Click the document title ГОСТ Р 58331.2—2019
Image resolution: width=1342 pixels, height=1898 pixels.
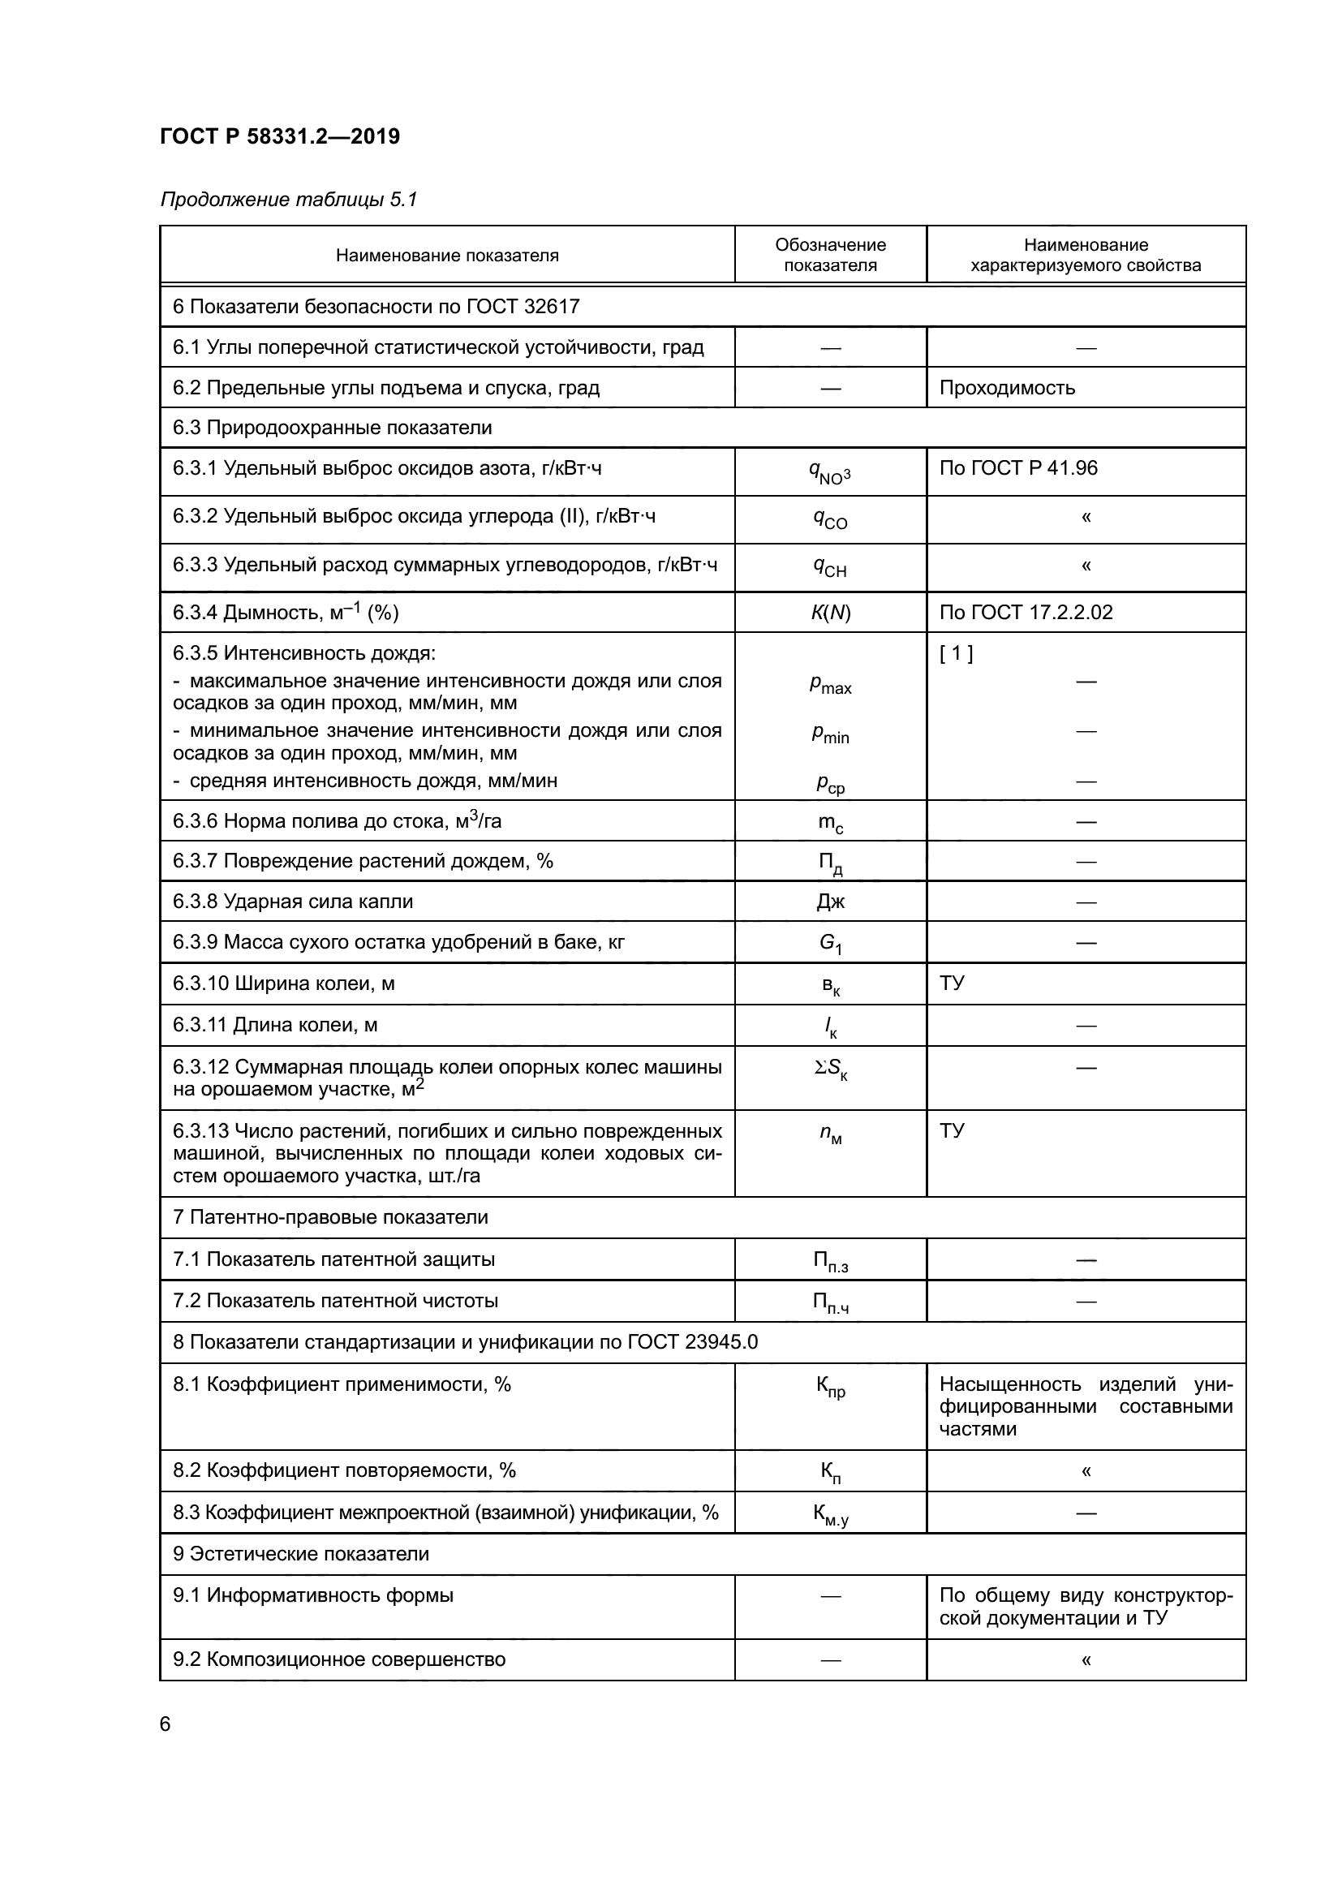point(279,136)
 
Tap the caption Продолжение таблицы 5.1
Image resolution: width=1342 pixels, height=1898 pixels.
point(288,200)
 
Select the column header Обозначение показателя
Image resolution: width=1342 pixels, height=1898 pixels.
point(830,255)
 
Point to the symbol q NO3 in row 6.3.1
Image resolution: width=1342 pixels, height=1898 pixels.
point(830,473)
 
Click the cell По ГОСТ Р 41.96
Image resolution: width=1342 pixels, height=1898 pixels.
point(1018,469)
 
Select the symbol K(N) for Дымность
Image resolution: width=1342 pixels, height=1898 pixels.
point(830,613)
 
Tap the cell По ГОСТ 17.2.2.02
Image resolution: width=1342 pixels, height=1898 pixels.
point(1026,613)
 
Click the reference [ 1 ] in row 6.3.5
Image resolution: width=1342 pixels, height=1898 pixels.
point(956,654)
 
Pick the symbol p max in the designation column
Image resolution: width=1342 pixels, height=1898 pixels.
point(830,685)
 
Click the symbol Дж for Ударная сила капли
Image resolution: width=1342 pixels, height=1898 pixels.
point(830,902)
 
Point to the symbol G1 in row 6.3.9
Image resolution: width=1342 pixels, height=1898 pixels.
point(830,943)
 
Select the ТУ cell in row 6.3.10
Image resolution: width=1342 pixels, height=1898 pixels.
point(952,983)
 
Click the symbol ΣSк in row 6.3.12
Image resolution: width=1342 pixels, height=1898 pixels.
point(830,1070)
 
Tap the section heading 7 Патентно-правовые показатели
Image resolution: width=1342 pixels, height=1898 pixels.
point(330,1218)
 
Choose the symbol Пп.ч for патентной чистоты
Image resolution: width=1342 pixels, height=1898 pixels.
point(830,1303)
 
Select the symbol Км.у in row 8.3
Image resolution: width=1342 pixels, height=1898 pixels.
point(830,1514)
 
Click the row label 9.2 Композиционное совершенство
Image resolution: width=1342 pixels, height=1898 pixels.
point(339,1660)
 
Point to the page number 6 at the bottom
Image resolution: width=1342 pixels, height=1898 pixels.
point(166,1725)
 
